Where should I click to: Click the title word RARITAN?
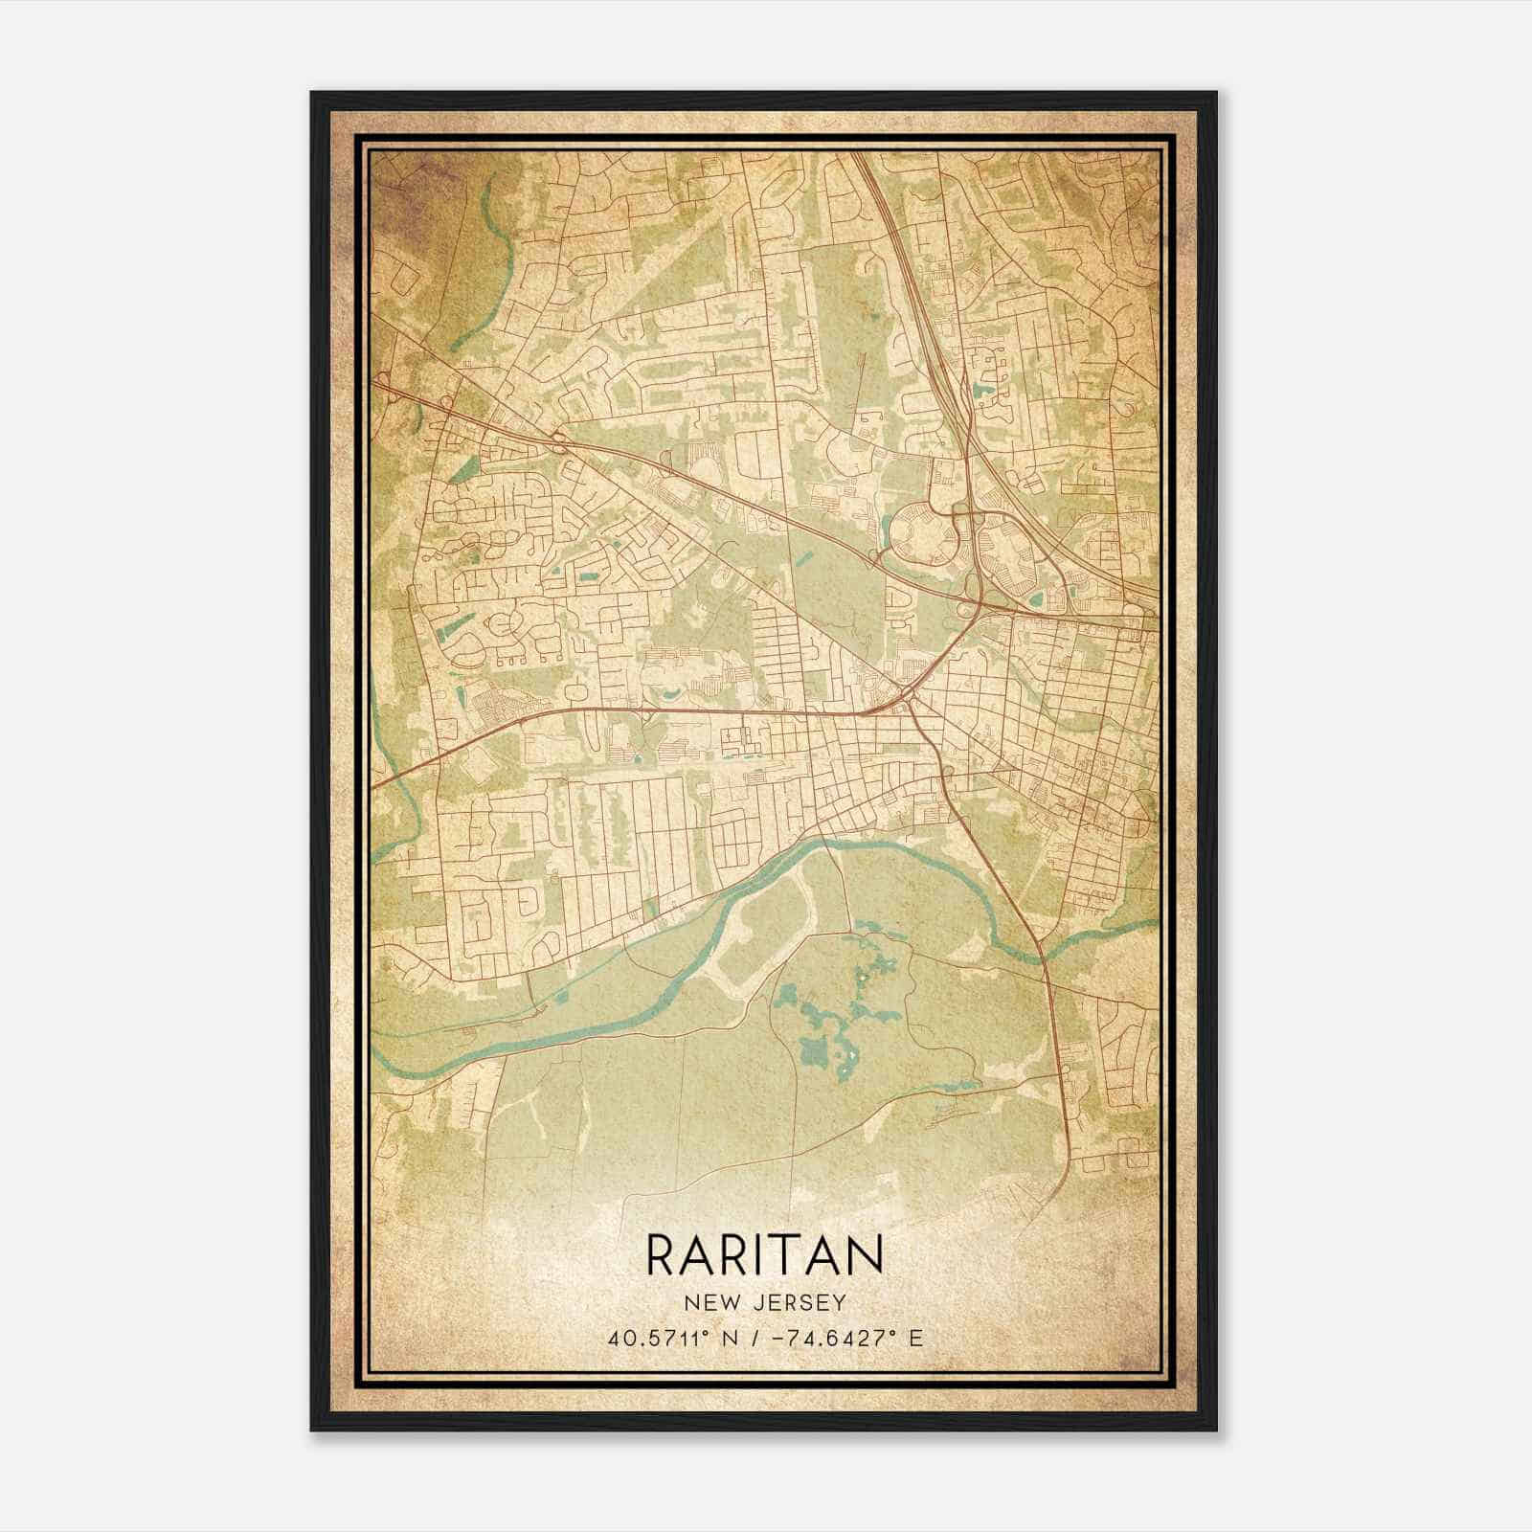click(x=765, y=1253)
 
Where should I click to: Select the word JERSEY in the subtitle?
click(x=801, y=1302)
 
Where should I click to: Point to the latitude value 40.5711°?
click(x=660, y=1338)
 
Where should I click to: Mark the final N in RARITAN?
click(x=864, y=1253)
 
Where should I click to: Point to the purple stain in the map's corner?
click(x=402, y=191)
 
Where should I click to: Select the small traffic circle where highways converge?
click(x=905, y=691)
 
